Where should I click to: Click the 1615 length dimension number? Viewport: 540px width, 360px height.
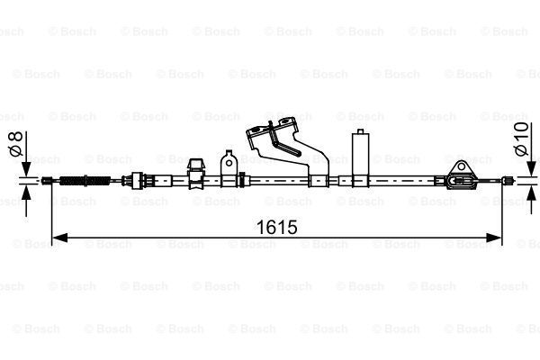[277, 227]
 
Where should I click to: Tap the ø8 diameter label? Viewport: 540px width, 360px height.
[16, 143]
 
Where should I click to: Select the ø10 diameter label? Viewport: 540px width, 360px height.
[521, 139]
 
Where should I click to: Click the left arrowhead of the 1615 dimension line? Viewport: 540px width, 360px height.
[59, 238]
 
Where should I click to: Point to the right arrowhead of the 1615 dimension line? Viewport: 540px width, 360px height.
[493, 238]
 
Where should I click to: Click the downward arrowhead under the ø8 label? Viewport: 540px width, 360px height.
[26, 169]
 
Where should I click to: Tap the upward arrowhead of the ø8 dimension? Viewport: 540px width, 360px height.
[26, 193]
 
